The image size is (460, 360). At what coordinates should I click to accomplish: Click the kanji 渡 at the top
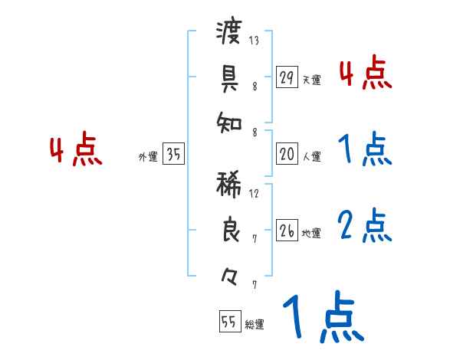(229, 33)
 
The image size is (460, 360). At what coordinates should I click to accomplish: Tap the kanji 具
(229, 77)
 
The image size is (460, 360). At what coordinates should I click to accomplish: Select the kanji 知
(229, 120)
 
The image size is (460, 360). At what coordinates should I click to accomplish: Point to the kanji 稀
(229, 185)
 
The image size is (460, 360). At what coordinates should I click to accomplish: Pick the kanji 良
(230, 230)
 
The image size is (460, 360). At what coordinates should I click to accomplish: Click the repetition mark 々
(229, 273)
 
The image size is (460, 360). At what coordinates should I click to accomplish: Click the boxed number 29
(287, 77)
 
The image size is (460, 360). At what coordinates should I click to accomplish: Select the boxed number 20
(287, 154)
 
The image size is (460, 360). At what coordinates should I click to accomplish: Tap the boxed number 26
(287, 231)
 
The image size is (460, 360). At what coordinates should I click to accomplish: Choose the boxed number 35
(174, 154)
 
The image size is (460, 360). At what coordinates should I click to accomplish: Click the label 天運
(312, 80)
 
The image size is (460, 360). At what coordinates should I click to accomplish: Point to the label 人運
(312, 156)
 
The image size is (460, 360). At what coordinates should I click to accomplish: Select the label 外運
(147, 156)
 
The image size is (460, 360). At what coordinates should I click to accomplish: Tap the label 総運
(255, 324)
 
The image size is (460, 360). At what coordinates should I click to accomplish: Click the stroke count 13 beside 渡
(254, 40)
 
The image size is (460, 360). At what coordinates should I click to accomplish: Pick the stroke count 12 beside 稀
(254, 193)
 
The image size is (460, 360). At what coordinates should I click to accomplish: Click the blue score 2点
(364, 226)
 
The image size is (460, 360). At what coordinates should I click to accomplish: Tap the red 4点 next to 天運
(364, 74)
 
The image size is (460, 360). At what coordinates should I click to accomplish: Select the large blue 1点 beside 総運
(323, 319)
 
